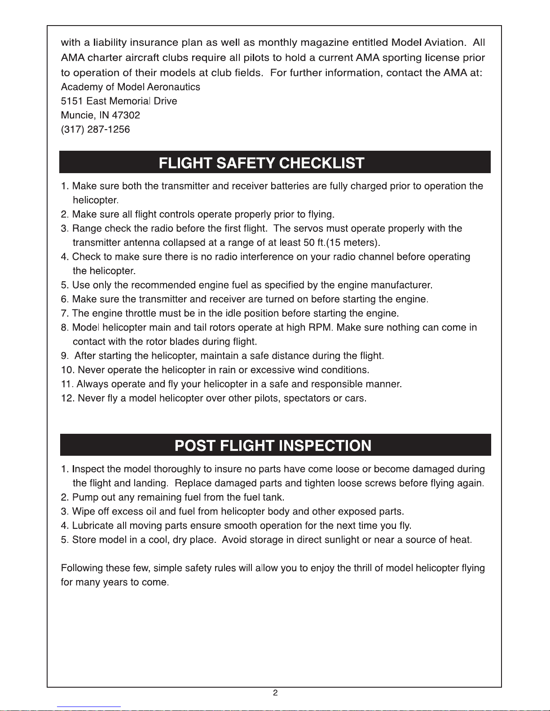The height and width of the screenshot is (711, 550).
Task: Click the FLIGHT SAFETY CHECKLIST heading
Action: click(x=261, y=162)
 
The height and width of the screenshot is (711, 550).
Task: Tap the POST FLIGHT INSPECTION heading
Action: click(x=273, y=445)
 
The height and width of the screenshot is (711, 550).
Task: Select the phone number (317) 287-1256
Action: click(x=95, y=130)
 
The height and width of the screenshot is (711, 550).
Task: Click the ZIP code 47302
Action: click(x=126, y=115)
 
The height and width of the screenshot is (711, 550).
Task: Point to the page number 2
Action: click(x=275, y=693)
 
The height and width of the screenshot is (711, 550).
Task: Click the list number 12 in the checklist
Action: click(x=67, y=398)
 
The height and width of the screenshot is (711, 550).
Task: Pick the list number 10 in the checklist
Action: click(x=67, y=370)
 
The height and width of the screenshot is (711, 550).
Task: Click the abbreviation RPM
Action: click(x=320, y=327)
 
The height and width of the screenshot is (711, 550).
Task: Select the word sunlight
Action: click(x=342, y=540)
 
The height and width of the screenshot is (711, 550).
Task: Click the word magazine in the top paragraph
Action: click(x=323, y=43)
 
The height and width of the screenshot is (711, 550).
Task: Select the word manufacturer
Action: click(x=402, y=285)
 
